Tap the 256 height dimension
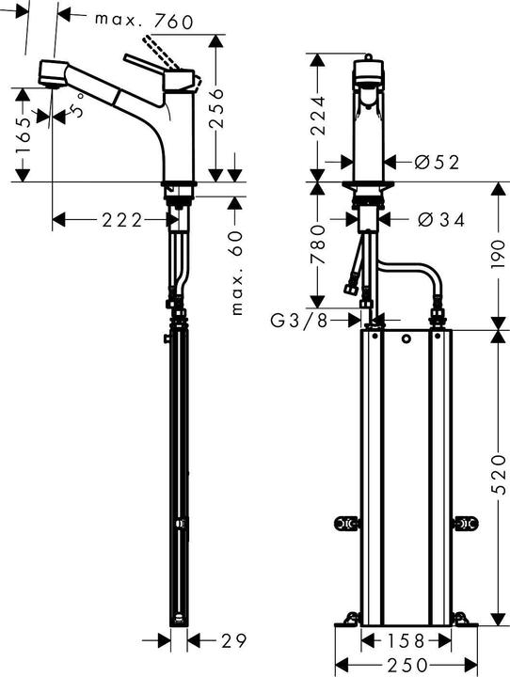pyautogui.click(x=215, y=105)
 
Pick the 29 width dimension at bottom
pyautogui.click(x=232, y=641)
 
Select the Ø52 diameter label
pyautogui.click(x=436, y=163)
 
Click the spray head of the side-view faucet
pyautogui.click(x=51, y=74)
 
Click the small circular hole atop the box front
pyautogui.click(x=406, y=339)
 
